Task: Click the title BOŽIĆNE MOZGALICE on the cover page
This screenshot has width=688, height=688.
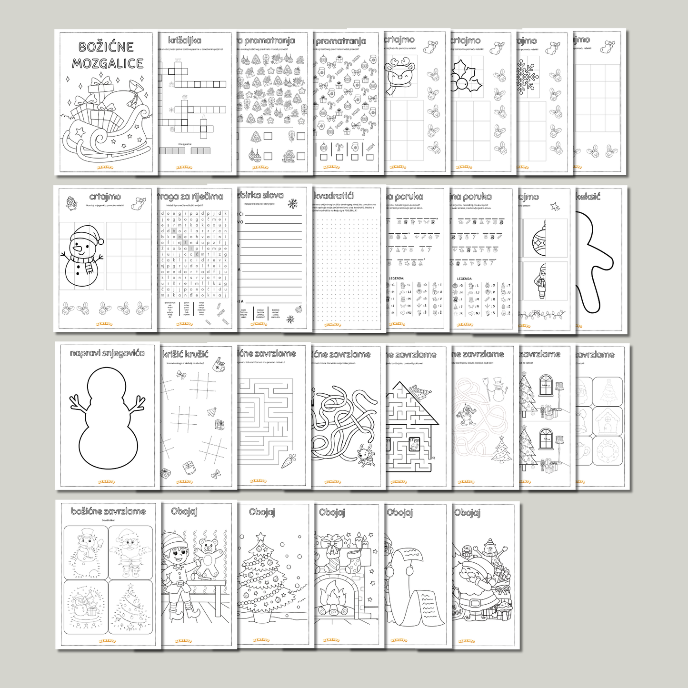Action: (108, 55)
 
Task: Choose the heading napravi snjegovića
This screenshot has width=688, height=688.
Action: (107, 353)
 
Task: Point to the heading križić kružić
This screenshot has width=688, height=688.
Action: (185, 354)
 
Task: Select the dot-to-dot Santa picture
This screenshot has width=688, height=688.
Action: (130, 552)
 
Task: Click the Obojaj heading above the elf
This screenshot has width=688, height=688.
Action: (184, 511)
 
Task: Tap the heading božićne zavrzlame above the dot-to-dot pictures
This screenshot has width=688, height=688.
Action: (108, 511)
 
